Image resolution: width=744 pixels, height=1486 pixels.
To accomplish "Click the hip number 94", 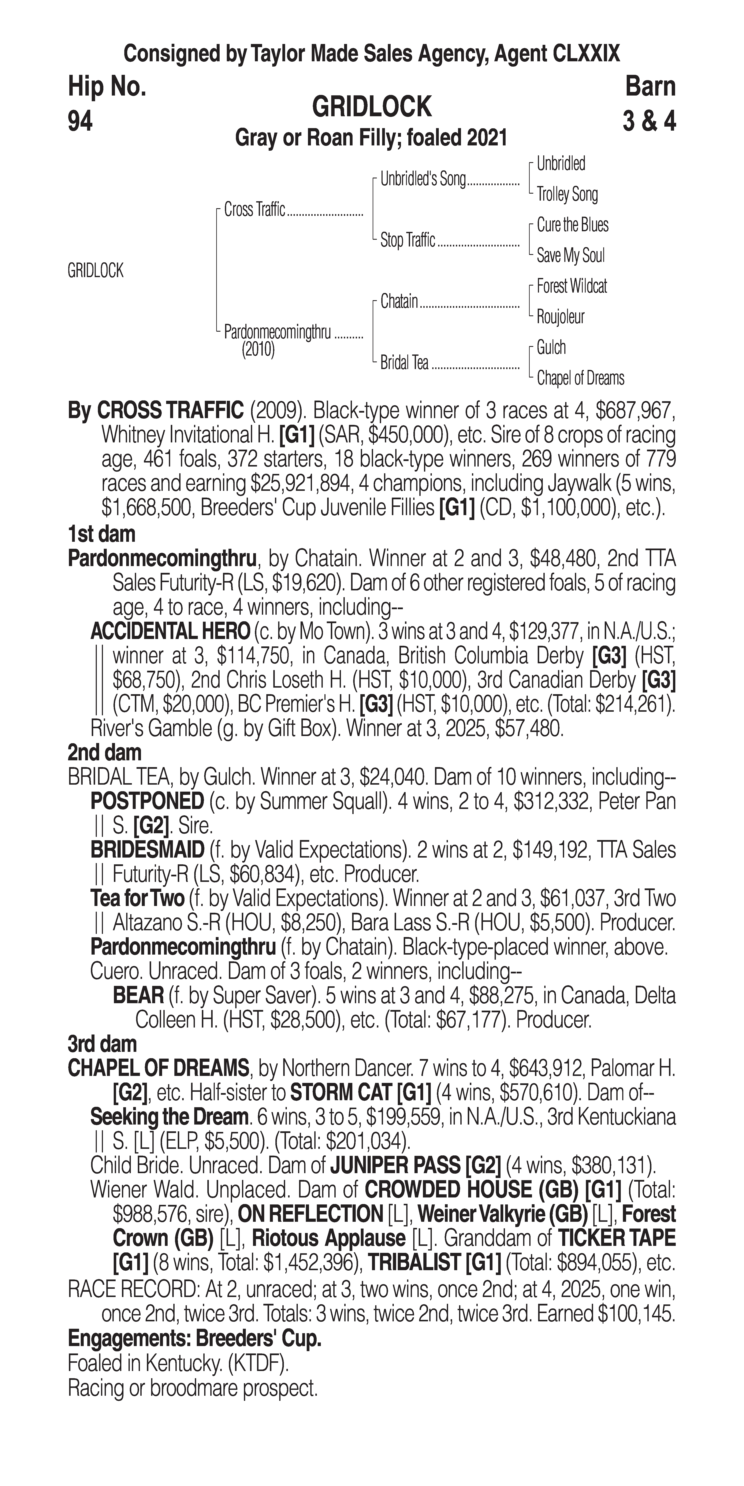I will pos(80,122).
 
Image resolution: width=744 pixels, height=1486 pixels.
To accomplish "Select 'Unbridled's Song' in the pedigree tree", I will pos(423,179).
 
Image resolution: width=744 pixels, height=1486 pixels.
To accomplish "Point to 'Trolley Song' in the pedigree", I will pos(567,194).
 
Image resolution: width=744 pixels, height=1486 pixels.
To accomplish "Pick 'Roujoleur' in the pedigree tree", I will pos(560,317).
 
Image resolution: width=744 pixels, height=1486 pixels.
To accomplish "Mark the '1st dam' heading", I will pos(101,534).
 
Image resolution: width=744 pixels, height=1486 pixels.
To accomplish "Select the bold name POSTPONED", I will pos(147,801).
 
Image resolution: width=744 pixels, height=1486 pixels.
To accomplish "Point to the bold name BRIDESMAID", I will pos(147,850).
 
